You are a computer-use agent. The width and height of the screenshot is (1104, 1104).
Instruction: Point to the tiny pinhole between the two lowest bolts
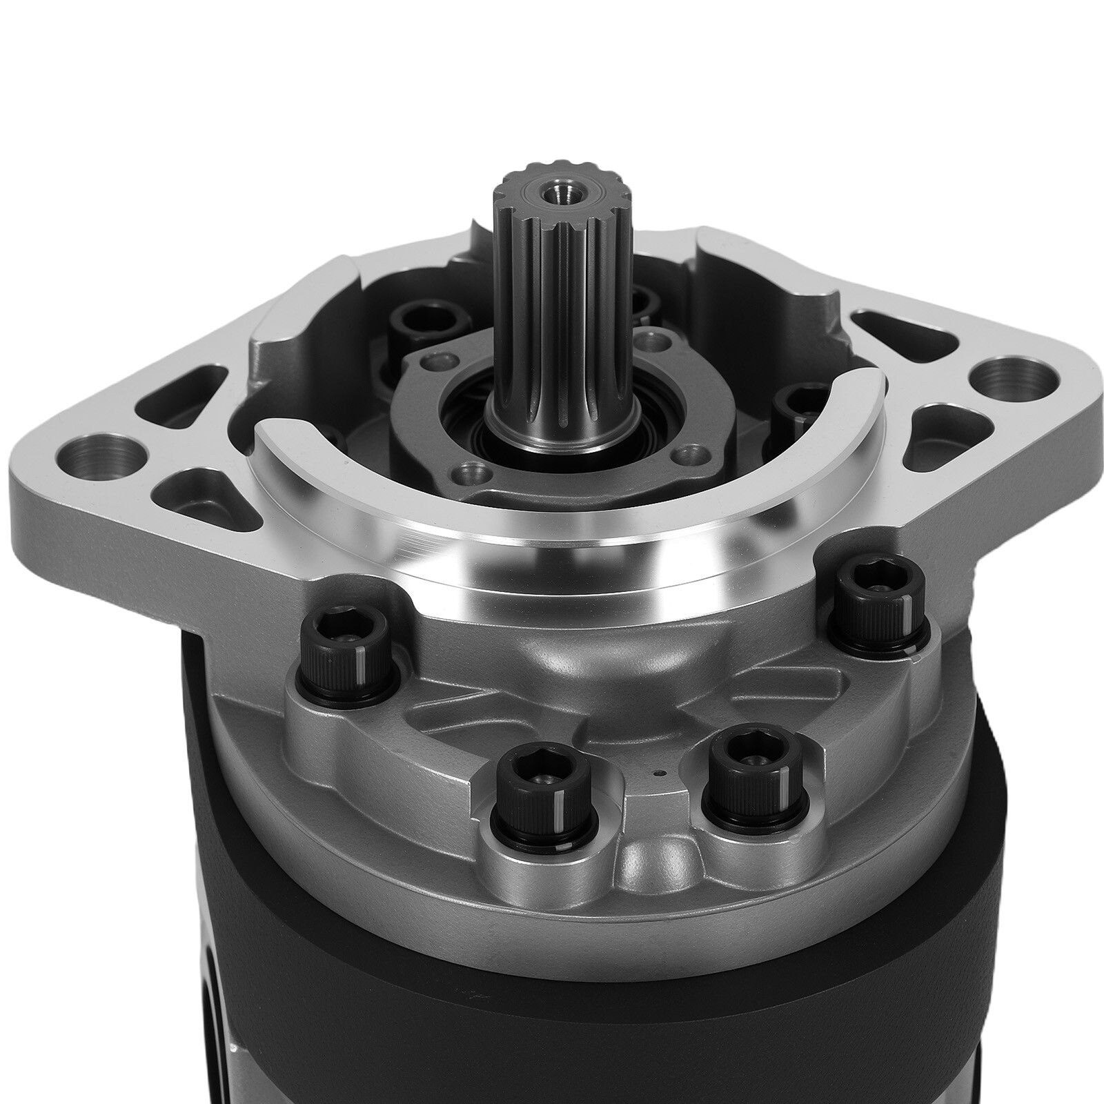[660, 773]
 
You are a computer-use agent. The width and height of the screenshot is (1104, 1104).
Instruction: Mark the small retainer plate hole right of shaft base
[686, 455]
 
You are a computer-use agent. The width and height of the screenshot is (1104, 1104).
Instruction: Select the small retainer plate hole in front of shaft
[471, 473]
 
